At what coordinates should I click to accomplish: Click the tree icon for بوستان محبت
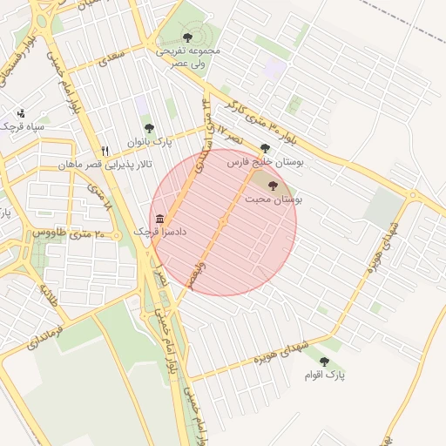[x=273, y=185]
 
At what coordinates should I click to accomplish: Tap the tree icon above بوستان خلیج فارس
[x=265, y=148]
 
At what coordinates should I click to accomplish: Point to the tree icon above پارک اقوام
[x=324, y=361]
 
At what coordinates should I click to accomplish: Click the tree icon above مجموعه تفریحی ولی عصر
[x=187, y=37]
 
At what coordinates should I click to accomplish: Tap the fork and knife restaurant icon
[x=105, y=151]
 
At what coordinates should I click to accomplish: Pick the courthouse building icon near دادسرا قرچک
[x=159, y=219]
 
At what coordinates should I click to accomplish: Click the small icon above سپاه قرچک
[x=21, y=113]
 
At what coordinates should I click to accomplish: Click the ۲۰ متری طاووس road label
[x=69, y=233]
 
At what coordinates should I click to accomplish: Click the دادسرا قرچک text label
[x=159, y=233]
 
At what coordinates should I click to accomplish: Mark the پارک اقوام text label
[x=324, y=375]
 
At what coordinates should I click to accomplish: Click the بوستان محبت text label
[x=273, y=199]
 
